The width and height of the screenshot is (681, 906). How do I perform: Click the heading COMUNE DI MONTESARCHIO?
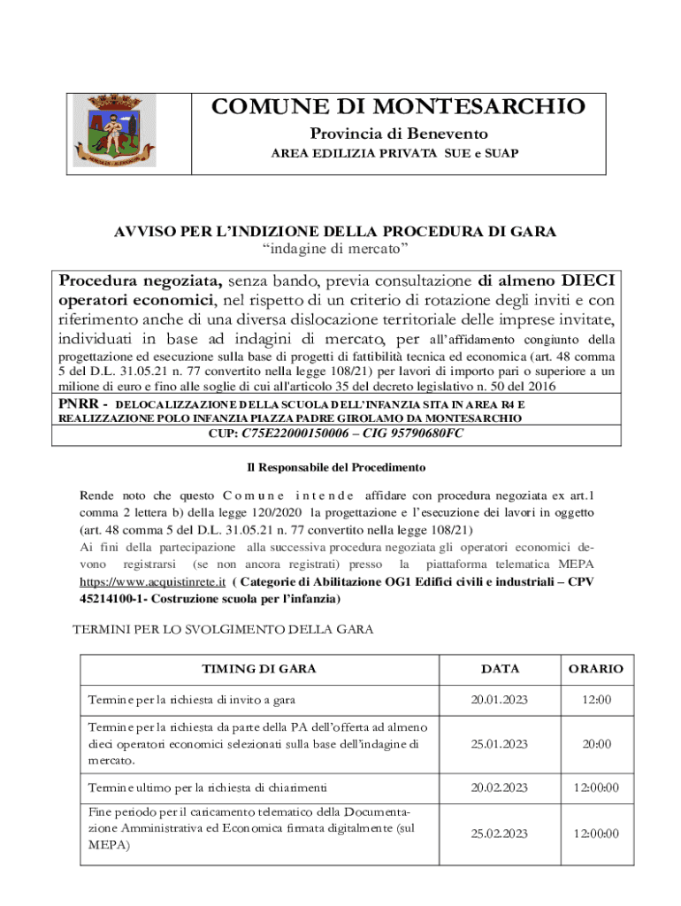point(398,108)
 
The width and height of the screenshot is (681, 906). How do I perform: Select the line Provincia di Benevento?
point(398,134)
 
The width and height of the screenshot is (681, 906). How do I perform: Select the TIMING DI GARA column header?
point(259,669)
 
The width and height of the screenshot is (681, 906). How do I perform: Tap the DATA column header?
point(500,669)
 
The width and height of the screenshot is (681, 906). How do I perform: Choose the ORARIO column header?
point(596,669)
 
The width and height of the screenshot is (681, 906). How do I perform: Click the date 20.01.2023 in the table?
point(500,700)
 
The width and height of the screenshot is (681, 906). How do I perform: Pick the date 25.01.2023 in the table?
point(500,744)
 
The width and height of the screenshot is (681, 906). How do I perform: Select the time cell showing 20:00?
point(596,744)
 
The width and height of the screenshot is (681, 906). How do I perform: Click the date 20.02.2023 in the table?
point(500,787)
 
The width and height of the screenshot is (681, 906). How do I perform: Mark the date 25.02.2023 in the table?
point(500,833)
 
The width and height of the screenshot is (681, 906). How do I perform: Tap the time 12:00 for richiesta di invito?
point(596,700)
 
